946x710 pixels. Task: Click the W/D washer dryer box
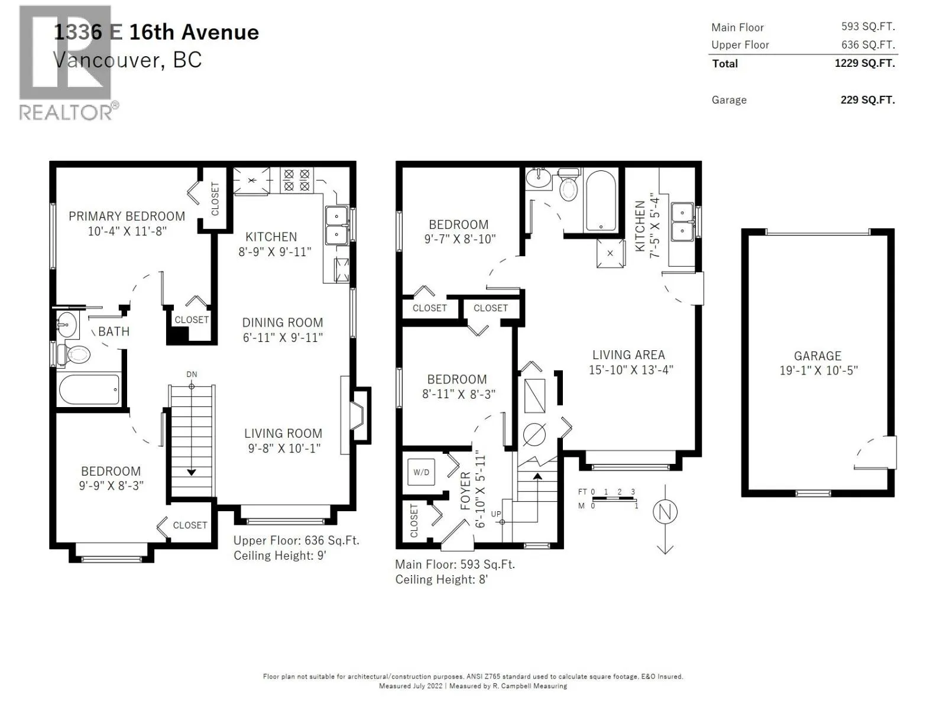tap(420, 472)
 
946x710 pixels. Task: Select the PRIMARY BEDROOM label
tap(127, 216)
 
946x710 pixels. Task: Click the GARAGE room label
tap(817, 356)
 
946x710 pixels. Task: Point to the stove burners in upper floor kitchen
tap(297, 180)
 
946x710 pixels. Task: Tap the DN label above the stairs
tap(192, 374)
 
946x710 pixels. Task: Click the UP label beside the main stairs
tap(495, 514)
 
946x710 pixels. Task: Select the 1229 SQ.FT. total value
tap(864, 63)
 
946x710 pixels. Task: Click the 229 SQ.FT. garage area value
tap(867, 100)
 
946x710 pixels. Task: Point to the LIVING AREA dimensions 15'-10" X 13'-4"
tap(631, 370)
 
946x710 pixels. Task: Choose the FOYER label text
tap(465, 490)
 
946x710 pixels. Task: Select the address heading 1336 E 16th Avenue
tap(156, 33)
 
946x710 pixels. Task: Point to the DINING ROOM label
tap(282, 322)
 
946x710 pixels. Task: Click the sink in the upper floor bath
tap(67, 324)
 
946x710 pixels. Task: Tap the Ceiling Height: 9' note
tap(280, 555)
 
